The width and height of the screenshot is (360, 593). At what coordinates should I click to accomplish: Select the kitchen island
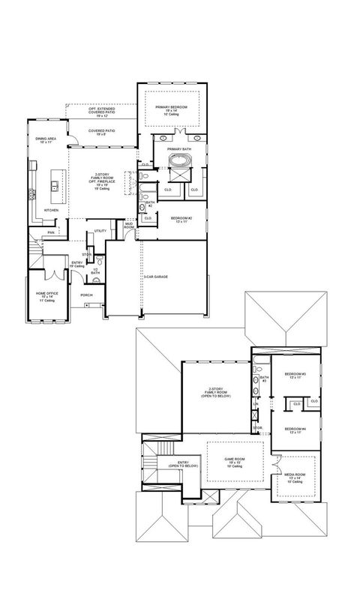coord(55,184)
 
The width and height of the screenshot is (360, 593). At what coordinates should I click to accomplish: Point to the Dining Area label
coord(41,140)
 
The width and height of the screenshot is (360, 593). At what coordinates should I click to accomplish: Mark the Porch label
coord(87,295)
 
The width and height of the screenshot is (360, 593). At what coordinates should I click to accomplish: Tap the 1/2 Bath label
coord(95,271)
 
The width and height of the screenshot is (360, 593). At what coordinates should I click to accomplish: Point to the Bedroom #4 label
coord(294,431)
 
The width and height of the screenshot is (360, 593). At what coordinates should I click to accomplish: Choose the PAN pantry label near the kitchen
coord(50,232)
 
